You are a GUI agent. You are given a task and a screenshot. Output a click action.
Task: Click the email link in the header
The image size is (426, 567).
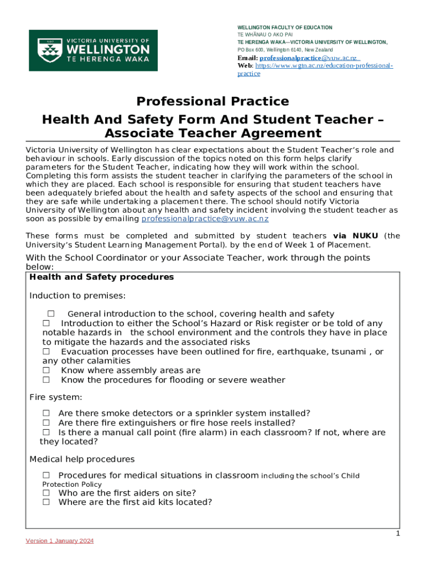tap(308, 58)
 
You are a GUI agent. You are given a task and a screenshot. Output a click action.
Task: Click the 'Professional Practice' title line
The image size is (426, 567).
tap(212, 101)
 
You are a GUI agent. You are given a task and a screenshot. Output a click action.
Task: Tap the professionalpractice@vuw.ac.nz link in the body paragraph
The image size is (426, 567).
tap(205, 219)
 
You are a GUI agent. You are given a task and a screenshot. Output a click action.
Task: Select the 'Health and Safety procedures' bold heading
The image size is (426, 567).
tap(102, 277)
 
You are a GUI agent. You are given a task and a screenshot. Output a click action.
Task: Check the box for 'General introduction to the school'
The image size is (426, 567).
tap(50, 314)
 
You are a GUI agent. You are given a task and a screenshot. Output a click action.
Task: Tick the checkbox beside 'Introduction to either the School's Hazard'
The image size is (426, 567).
tap(46, 323)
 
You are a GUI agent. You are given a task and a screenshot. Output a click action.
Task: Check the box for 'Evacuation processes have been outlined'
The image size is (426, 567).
tap(46, 352)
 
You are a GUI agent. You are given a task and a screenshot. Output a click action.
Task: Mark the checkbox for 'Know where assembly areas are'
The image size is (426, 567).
tap(46, 370)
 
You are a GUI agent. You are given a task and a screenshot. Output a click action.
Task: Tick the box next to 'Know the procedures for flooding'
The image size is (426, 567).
tap(46, 380)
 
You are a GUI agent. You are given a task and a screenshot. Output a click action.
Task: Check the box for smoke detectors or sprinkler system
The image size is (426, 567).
tap(46, 413)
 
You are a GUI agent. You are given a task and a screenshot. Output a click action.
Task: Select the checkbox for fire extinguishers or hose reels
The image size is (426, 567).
tap(46, 422)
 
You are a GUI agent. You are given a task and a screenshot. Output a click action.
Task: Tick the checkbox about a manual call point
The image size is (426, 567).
tap(46, 432)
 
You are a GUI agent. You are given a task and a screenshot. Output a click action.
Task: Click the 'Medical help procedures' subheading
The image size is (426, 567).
tap(82, 460)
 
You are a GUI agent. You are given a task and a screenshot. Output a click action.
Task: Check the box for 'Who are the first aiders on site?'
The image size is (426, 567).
tap(46, 493)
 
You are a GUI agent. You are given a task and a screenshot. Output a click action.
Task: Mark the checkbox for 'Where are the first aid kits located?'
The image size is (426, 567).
tap(46, 502)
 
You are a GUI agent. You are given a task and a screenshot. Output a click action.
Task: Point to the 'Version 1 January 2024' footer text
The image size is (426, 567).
tap(60, 541)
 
